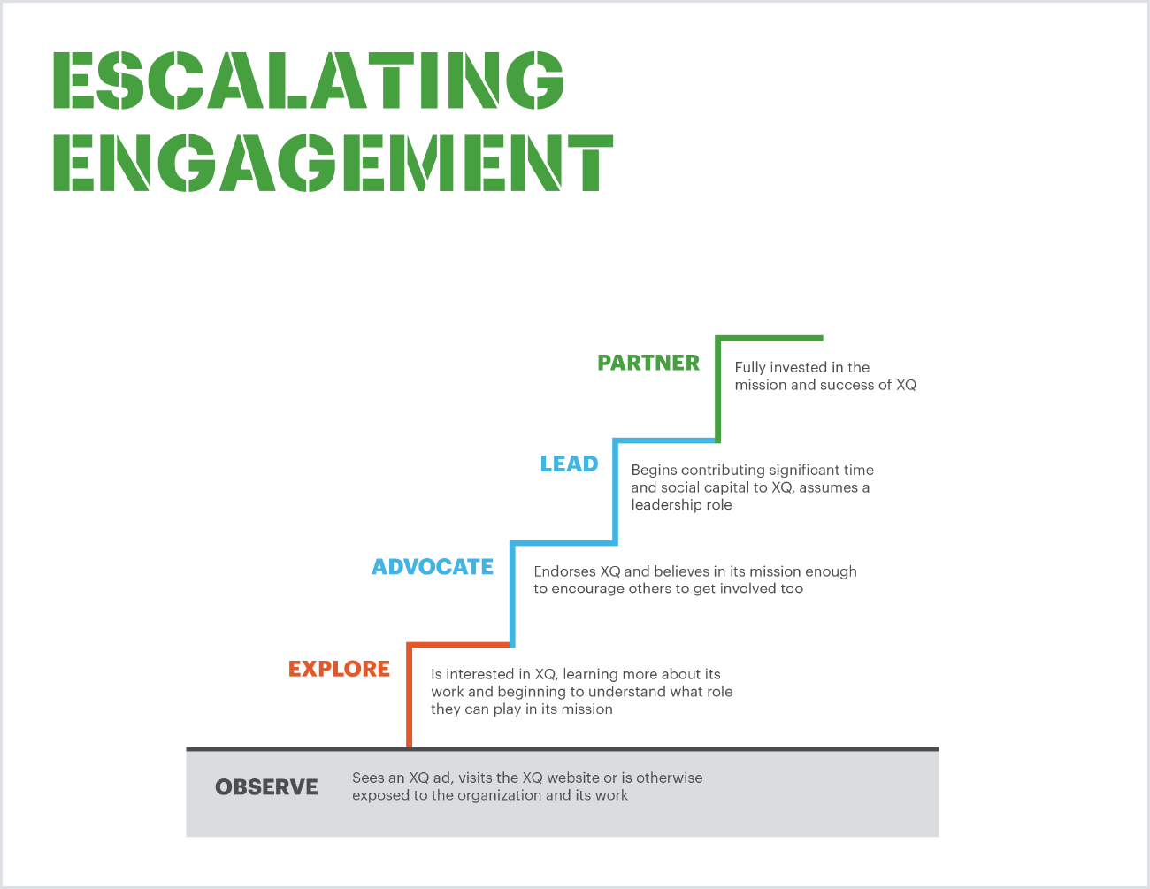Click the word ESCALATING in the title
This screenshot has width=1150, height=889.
[308, 80]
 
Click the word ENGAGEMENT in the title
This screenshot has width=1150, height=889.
[333, 163]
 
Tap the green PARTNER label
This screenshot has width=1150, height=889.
[648, 363]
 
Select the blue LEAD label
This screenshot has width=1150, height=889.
[569, 464]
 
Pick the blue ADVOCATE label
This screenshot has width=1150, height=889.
[433, 566]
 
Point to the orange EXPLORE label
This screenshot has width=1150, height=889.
[339, 669]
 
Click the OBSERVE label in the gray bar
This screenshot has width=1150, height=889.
[266, 787]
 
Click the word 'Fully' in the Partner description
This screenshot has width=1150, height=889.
[750, 367]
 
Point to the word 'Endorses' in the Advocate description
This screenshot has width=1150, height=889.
[564, 571]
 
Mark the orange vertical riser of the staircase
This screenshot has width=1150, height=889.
[409, 699]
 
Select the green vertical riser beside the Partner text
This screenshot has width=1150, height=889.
[717, 389]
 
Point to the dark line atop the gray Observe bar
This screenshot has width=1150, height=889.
[562, 749]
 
